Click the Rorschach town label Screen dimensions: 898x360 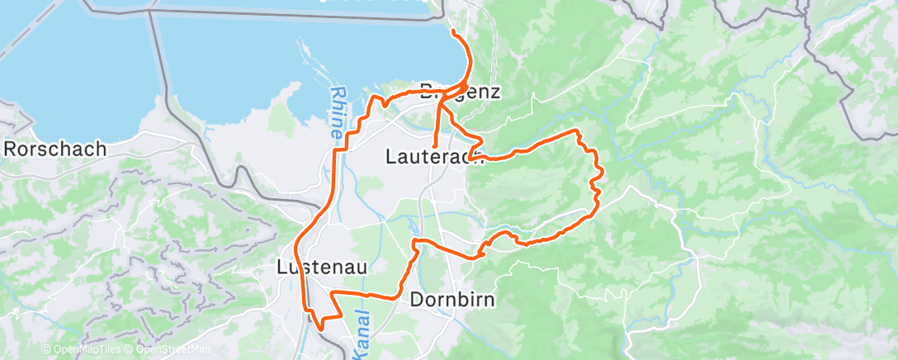coord(55,149)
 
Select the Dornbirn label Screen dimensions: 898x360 coord(452,299)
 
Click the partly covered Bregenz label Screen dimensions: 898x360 coord(460,91)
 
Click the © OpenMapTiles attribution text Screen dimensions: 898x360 coord(82,349)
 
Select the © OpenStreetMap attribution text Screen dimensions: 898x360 coord(168,349)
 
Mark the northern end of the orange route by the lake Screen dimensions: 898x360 coord(453,31)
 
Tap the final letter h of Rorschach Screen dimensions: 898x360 coord(101,149)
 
